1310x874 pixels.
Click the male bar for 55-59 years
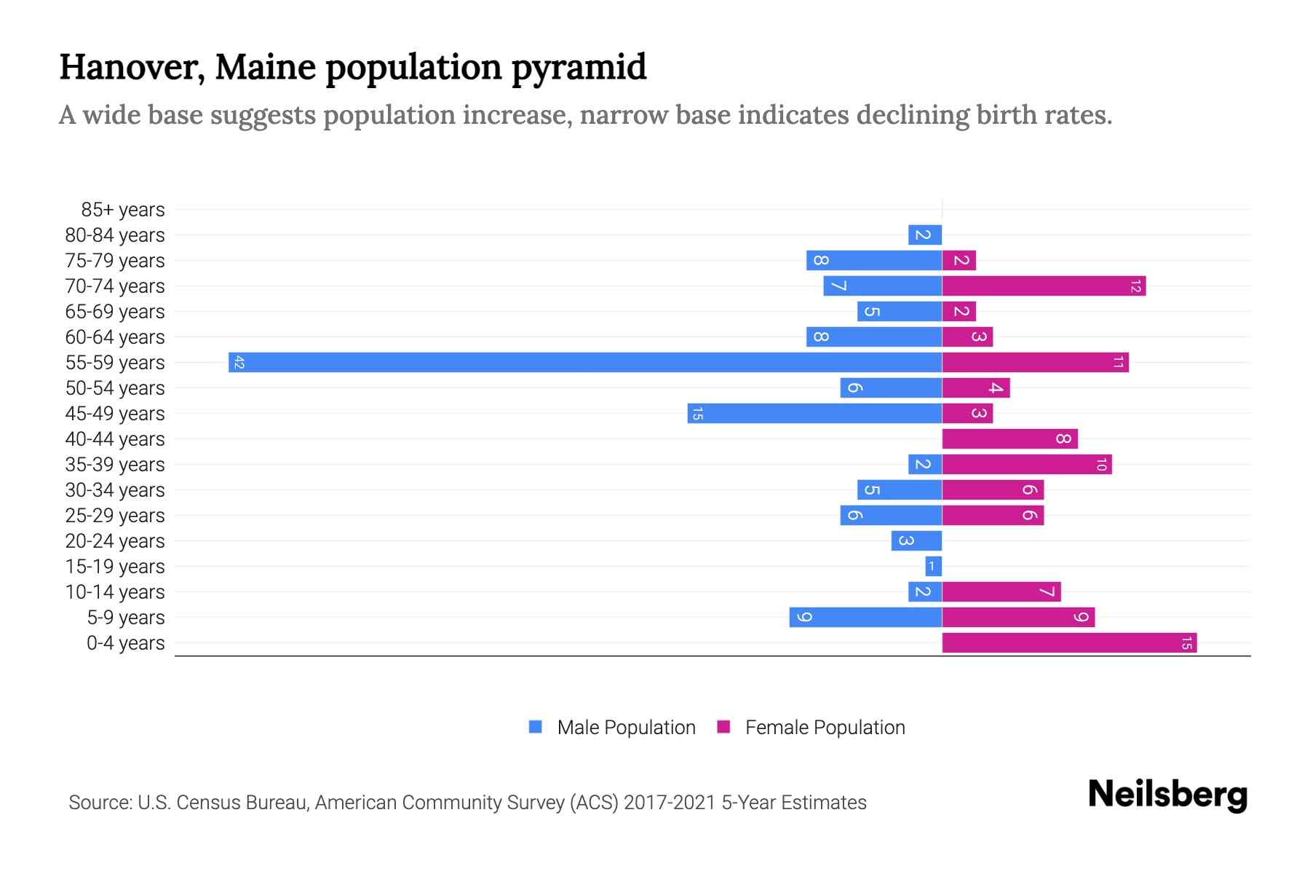[585, 362]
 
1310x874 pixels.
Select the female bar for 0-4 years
[1069, 642]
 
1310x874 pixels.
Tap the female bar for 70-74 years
[1044, 286]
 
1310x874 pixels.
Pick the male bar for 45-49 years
[814, 413]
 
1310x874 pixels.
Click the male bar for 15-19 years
[933, 566]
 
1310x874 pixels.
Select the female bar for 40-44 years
[1009, 438]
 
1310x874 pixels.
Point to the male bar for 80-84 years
[925, 235]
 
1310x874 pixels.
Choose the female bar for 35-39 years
[1027, 464]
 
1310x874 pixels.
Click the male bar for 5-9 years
[865, 617]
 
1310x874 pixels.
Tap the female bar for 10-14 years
[1001, 591]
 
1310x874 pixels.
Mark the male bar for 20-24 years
[916, 540]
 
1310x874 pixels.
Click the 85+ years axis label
[122, 210]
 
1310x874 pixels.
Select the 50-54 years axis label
[115, 388]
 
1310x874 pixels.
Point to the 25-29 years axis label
[115, 516]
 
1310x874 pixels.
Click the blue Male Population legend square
[536, 727]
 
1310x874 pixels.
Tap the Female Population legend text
[825, 728]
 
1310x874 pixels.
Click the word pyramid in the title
[579, 68]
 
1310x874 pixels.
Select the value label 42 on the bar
[239, 363]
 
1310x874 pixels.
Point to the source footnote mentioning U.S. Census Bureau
[467, 803]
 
